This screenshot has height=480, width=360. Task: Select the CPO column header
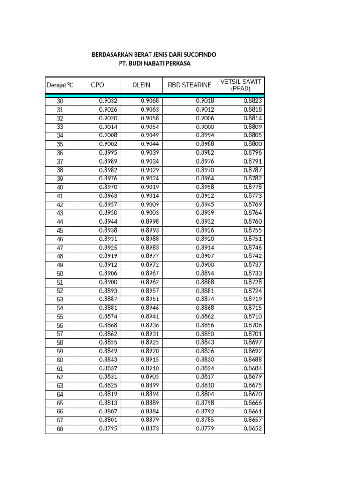97,85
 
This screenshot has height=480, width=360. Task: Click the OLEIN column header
141,85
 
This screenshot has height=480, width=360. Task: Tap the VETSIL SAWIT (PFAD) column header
240,85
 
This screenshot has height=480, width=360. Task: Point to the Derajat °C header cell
60,85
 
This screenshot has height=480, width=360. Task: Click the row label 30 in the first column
60,101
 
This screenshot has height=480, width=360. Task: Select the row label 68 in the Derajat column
60,429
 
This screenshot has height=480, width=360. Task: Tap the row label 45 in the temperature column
60,230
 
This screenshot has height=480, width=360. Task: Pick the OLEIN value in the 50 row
150,273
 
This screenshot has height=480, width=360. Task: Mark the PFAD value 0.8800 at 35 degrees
253,144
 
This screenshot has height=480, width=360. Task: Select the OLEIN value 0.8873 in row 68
150,429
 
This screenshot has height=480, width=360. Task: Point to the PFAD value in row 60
253,360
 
